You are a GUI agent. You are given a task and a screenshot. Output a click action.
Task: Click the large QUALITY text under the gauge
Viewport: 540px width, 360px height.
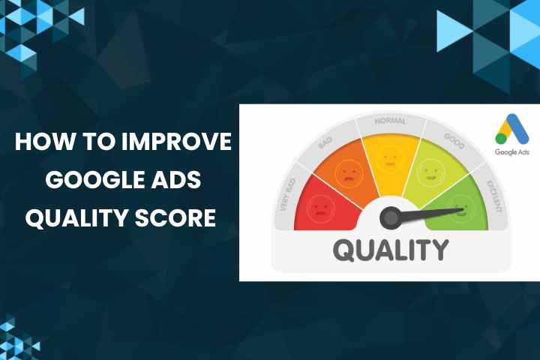click(390, 249)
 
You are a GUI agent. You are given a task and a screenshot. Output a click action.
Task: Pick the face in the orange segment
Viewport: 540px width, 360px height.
click(347, 174)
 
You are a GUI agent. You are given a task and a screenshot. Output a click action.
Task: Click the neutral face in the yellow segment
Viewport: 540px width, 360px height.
click(390, 158)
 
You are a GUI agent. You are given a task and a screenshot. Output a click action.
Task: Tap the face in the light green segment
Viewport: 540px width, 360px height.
click(431, 174)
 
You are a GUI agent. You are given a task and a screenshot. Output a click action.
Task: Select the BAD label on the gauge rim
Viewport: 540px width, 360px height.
click(325, 142)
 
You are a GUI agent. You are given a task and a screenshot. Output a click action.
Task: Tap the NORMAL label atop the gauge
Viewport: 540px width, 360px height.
click(390, 121)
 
